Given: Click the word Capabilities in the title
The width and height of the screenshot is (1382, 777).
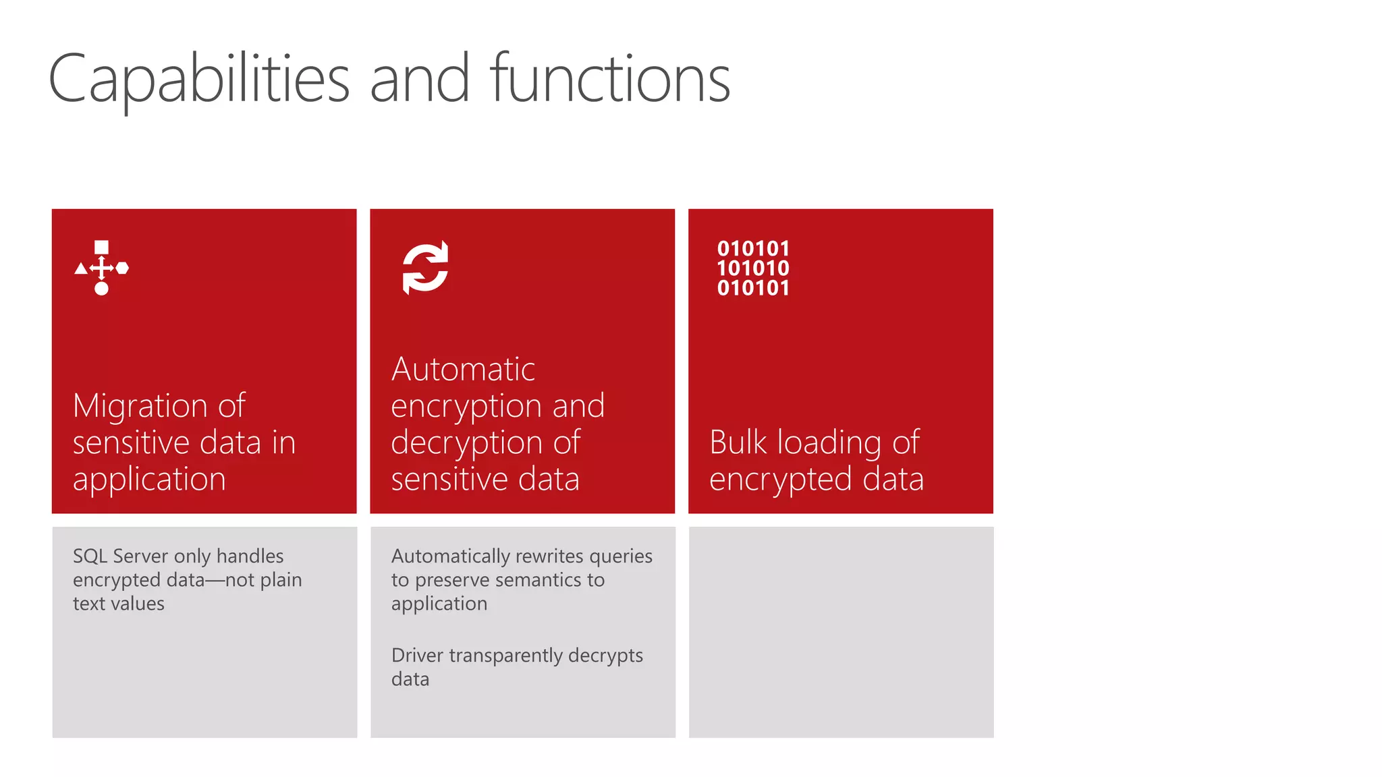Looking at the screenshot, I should [199, 80].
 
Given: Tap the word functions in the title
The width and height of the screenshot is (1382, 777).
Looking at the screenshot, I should [610, 80].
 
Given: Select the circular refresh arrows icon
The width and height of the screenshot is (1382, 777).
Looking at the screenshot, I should [425, 267].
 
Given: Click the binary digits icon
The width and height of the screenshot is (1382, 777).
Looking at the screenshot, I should [753, 268].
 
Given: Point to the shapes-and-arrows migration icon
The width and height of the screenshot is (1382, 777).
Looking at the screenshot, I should [101, 268].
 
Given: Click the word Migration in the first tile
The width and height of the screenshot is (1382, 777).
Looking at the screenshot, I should [140, 406].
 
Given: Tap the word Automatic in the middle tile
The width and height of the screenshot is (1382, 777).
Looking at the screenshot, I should [463, 370].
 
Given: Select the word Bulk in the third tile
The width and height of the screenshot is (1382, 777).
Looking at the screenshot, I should [738, 442].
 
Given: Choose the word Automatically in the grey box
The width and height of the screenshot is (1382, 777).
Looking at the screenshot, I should [450, 556].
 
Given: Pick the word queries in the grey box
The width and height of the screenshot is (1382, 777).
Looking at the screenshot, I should [620, 556].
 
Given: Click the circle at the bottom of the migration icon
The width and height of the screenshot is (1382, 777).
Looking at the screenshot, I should [101, 289].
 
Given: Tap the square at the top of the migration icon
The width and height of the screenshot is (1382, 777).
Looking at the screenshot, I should [101, 247].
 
